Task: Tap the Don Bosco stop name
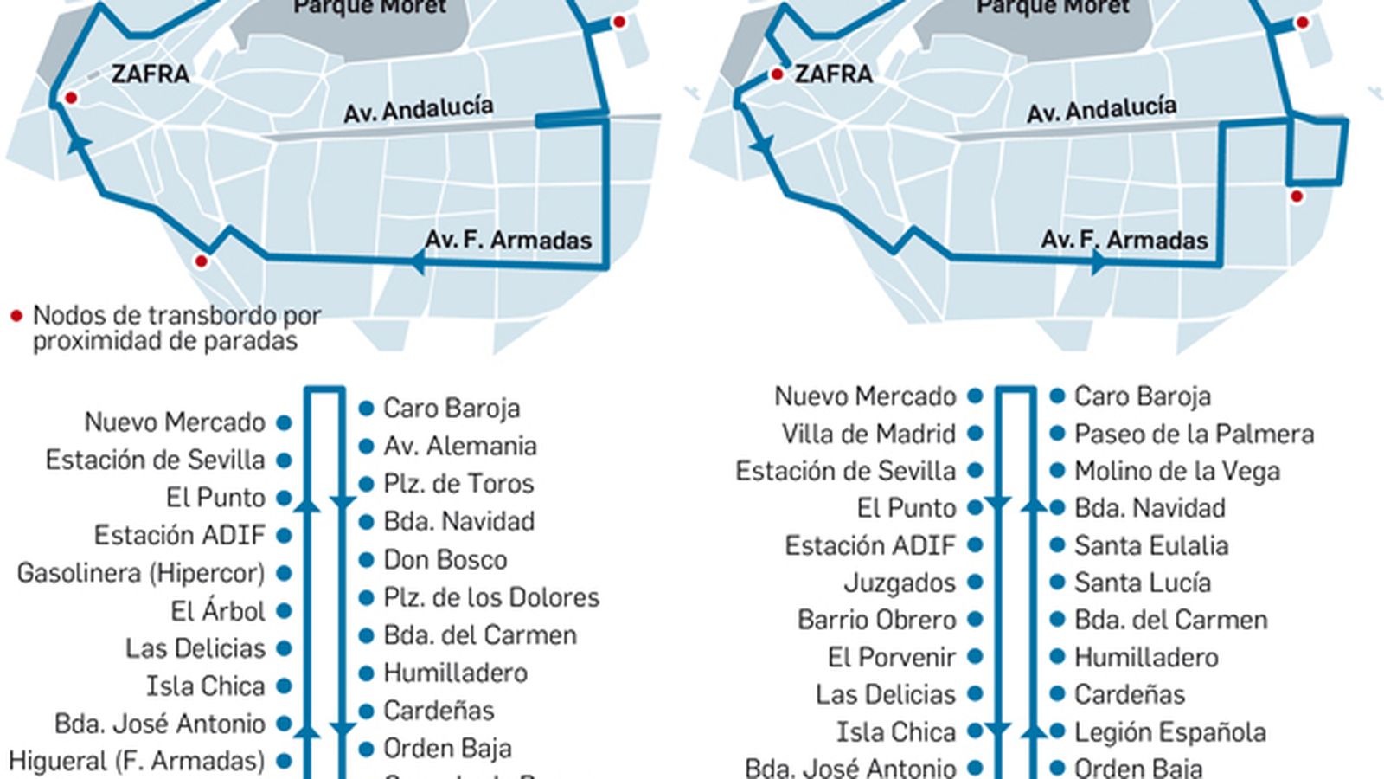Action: [x=445, y=559]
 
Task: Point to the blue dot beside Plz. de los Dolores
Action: [x=367, y=597]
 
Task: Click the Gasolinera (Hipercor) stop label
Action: [x=141, y=573]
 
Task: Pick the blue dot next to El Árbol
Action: [x=284, y=611]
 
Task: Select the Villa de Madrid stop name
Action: [x=868, y=434]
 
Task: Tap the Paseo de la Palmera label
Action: [x=1194, y=434]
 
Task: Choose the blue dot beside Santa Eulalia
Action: [x=1057, y=545]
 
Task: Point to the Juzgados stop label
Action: [x=900, y=583]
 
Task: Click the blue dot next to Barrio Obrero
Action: [x=975, y=620]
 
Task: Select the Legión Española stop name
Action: [x=1169, y=732]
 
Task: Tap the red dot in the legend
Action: [x=16, y=317]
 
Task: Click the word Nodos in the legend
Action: [x=68, y=316]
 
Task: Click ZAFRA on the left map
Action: [x=150, y=74]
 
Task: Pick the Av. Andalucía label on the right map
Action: [x=1101, y=110]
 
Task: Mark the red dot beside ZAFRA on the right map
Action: [x=777, y=75]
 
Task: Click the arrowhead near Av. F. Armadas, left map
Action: [x=419, y=261]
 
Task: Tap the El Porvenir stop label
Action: [x=891, y=657]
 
